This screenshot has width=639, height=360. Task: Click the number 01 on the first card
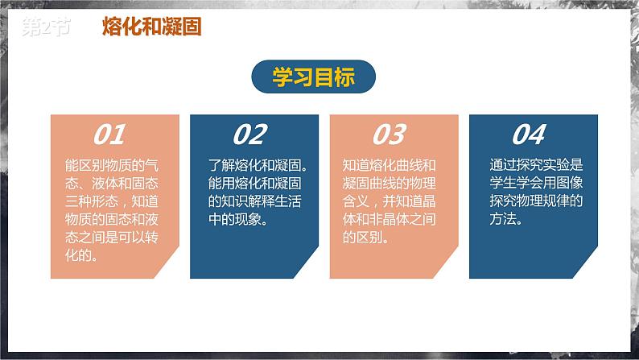coord(110,134)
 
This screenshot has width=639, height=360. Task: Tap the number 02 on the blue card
coord(249,134)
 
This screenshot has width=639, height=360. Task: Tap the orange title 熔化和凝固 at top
coord(151,27)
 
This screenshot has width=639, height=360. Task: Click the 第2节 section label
coord(45,27)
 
